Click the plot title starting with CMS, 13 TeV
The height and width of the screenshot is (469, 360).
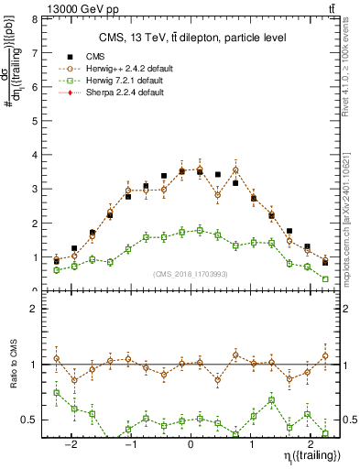click(x=190, y=38)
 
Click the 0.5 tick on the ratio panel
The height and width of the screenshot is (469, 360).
click(x=30, y=420)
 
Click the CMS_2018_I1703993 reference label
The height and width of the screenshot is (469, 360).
click(x=191, y=274)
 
